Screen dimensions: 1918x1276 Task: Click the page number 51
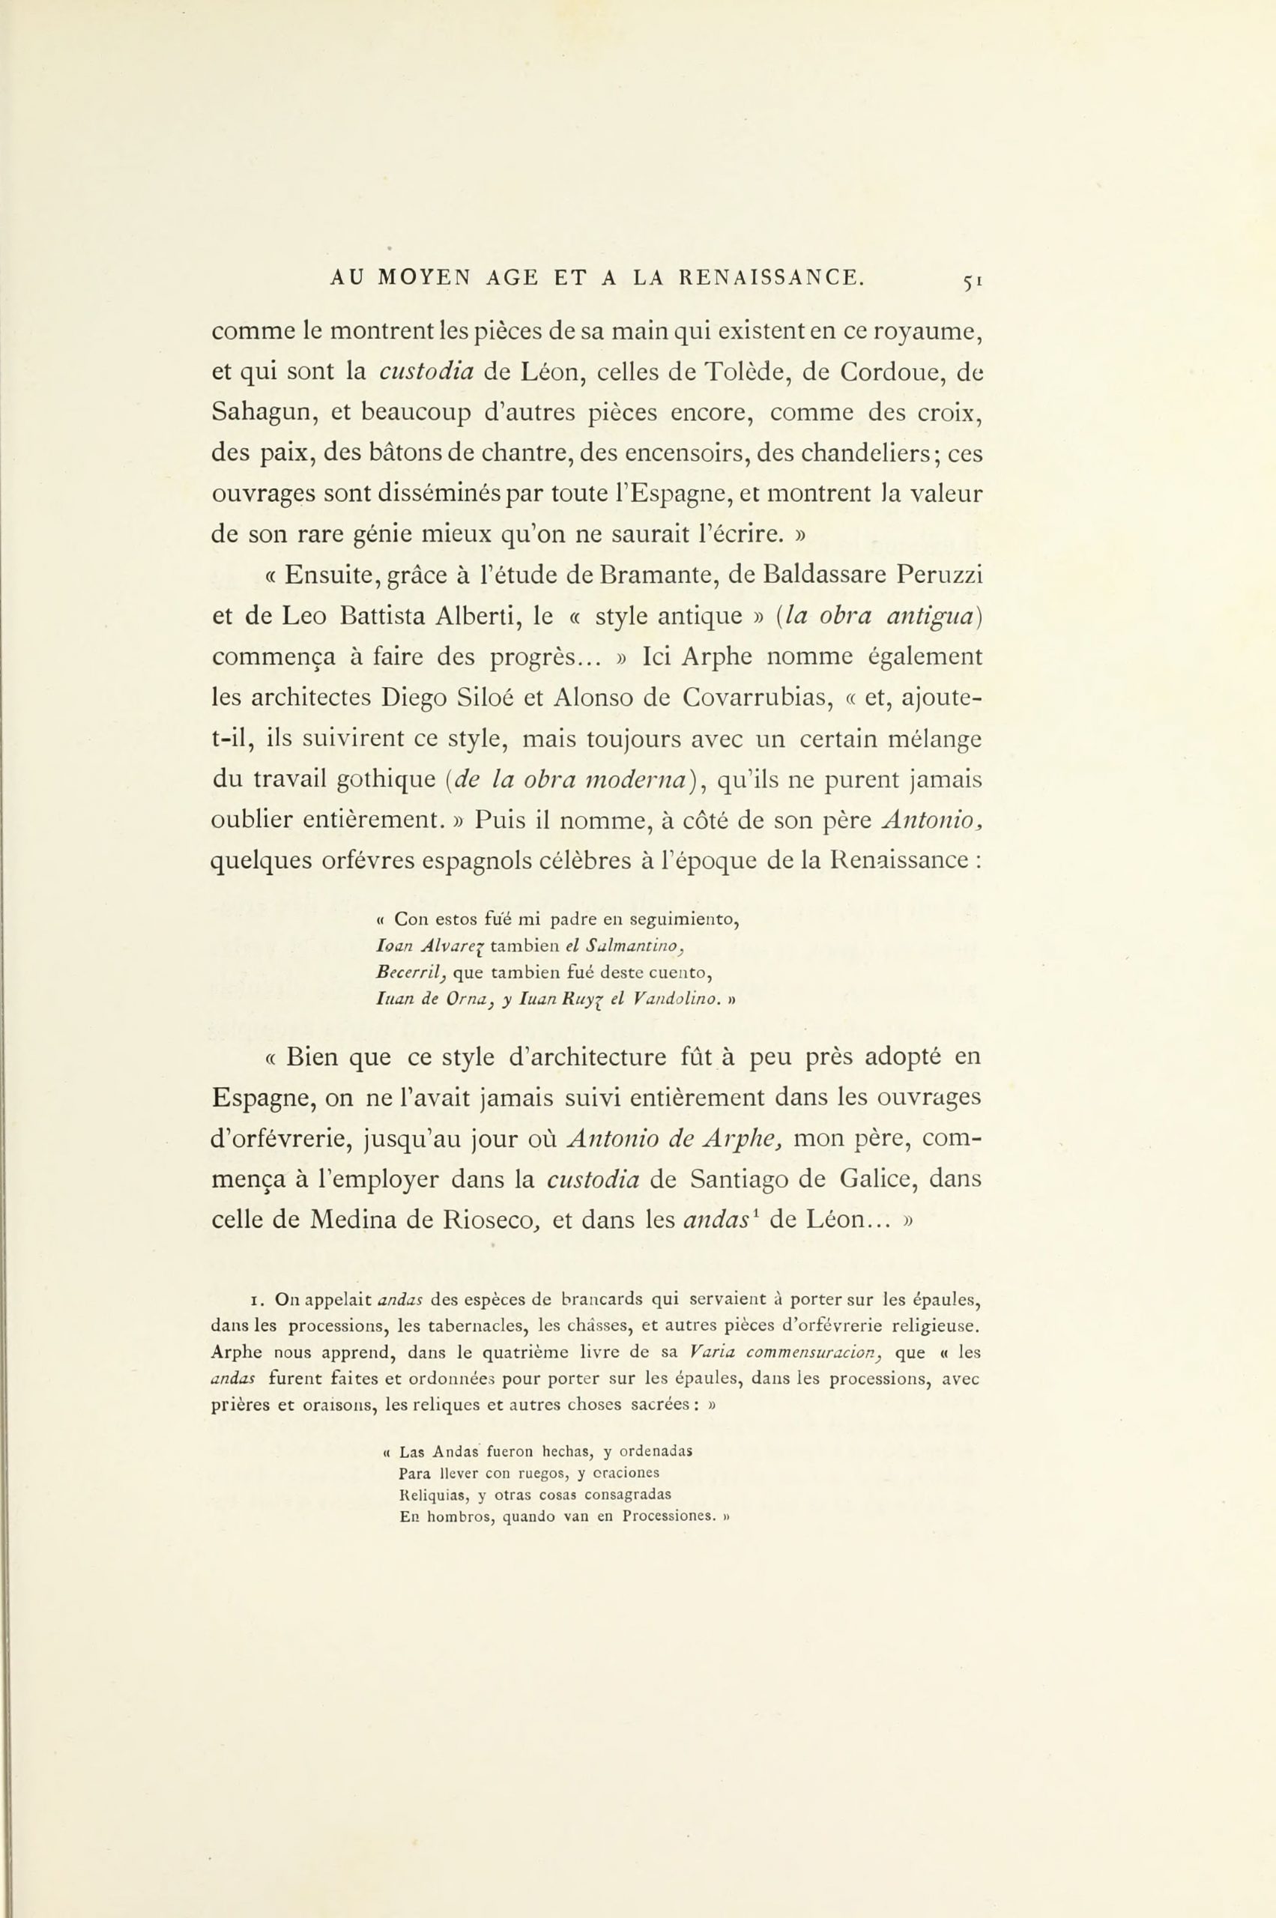point(973,281)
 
